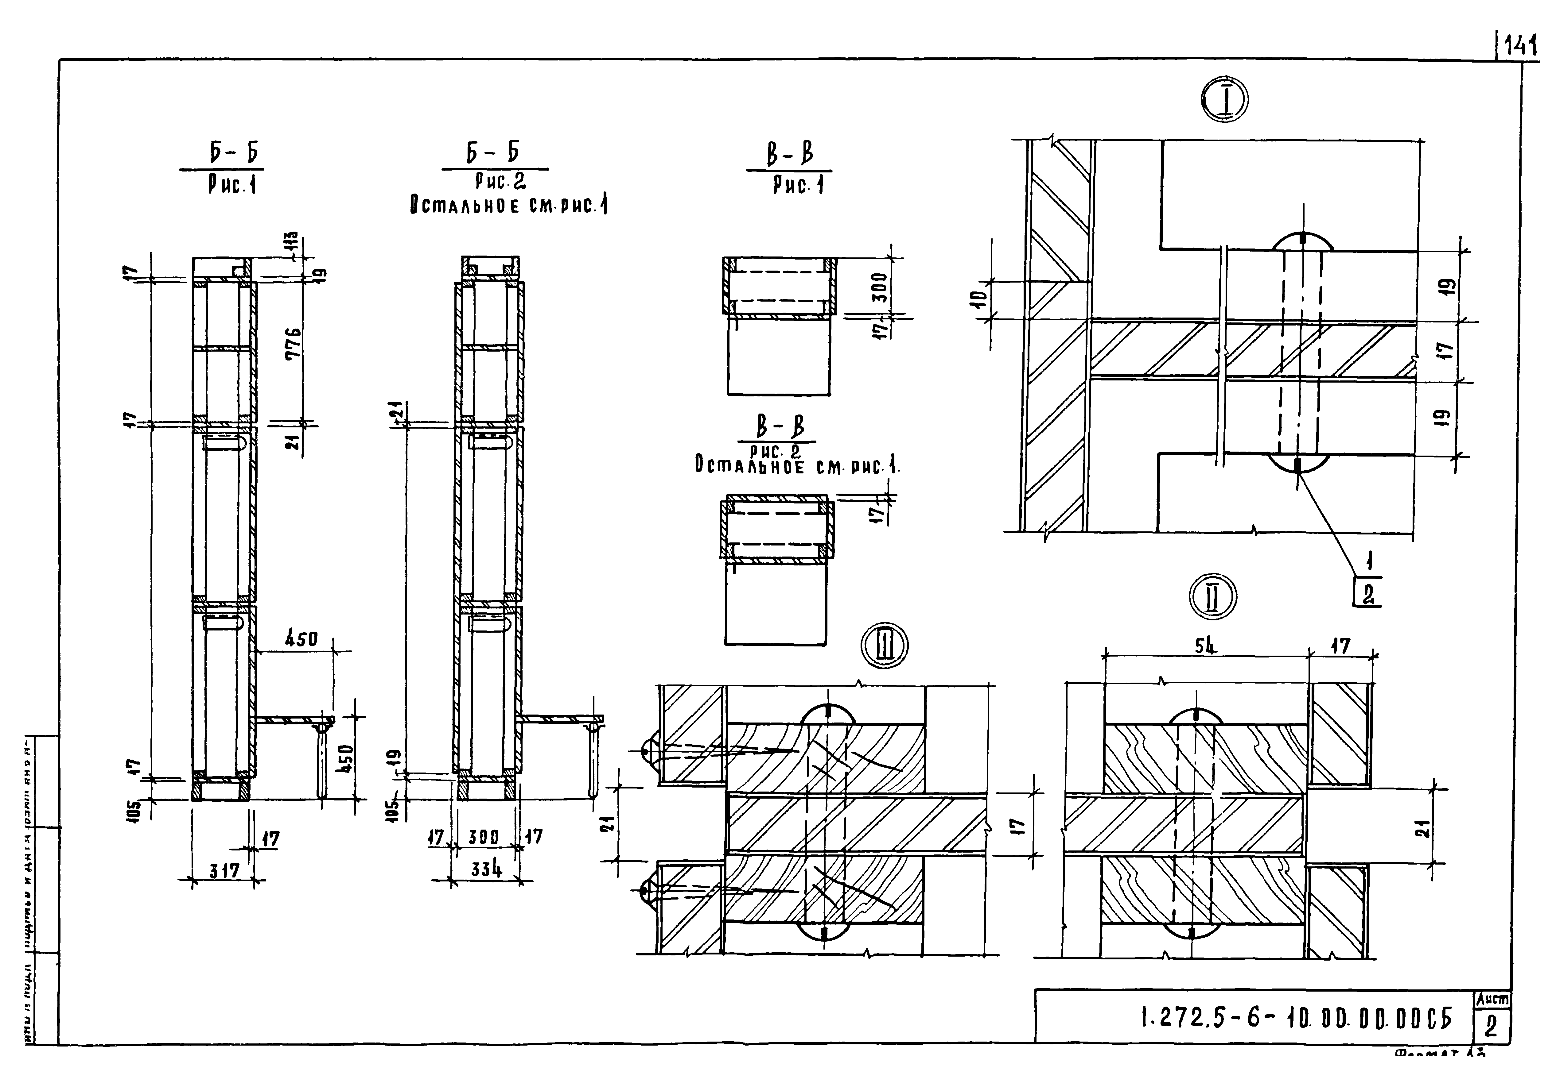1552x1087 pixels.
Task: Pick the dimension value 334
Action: point(487,869)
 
